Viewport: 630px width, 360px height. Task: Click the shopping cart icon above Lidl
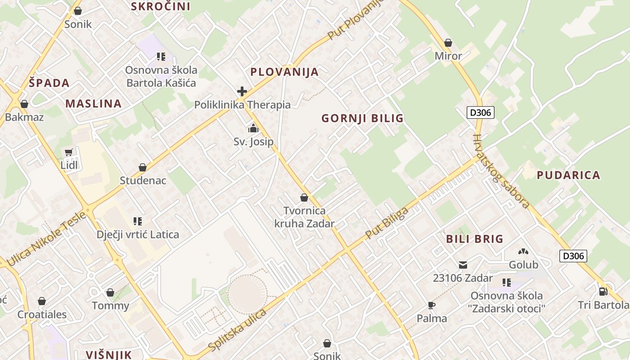pyautogui.click(x=68, y=153)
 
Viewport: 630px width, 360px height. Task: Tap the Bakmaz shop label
pyautogui.click(x=24, y=117)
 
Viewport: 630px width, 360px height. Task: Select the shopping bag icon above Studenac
pyautogui.click(x=143, y=168)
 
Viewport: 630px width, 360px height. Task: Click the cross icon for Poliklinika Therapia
pyautogui.click(x=242, y=92)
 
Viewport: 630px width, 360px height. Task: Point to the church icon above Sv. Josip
pyautogui.click(x=253, y=129)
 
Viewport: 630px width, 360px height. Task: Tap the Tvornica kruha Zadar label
pyautogui.click(x=305, y=217)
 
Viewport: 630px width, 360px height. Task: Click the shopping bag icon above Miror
pyautogui.click(x=448, y=43)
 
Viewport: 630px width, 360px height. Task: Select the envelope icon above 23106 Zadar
pyautogui.click(x=463, y=265)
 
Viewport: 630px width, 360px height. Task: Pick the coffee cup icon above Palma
pyautogui.click(x=432, y=306)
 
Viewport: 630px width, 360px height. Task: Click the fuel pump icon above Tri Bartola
pyautogui.click(x=603, y=292)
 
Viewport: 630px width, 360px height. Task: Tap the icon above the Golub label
pyautogui.click(x=523, y=252)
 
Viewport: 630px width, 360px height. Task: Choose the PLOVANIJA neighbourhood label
pyautogui.click(x=284, y=72)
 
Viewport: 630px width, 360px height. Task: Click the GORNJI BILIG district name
pyautogui.click(x=362, y=118)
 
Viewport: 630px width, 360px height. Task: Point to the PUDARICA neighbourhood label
pyautogui.click(x=568, y=175)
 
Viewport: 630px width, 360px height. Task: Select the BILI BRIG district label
pyautogui.click(x=474, y=239)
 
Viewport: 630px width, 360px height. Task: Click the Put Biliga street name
pyautogui.click(x=387, y=223)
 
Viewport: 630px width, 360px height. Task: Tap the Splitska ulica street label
pyautogui.click(x=238, y=330)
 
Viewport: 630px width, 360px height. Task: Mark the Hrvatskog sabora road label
pyautogui.click(x=501, y=172)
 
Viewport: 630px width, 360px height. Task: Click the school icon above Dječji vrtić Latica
pyautogui.click(x=138, y=221)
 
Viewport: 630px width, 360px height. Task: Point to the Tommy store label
pyautogui.click(x=110, y=306)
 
